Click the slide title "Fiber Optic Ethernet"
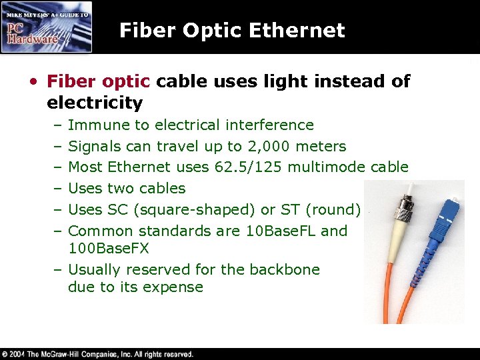point(232,30)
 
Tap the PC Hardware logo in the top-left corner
point(46,27)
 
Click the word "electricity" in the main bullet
point(95,103)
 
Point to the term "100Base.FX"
point(108,248)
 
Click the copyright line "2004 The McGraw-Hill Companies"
point(100,354)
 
